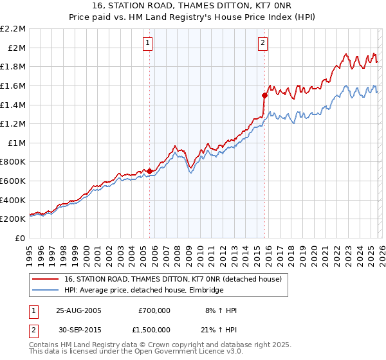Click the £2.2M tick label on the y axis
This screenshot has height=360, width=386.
[x=13, y=28]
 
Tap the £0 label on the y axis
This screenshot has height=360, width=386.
[x=20, y=238]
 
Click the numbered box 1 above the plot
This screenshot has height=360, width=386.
[x=148, y=43]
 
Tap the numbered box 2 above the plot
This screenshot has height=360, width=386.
[x=263, y=43]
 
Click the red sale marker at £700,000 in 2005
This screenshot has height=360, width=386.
[x=150, y=171]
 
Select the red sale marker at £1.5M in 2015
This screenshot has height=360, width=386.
[x=264, y=95]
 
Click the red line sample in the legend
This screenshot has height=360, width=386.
[x=46, y=280]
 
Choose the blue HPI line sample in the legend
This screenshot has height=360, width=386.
[x=46, y=291]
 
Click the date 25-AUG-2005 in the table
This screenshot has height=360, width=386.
[x=79, y=310]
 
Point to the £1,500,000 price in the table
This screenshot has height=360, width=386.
[x=154, y=330]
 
